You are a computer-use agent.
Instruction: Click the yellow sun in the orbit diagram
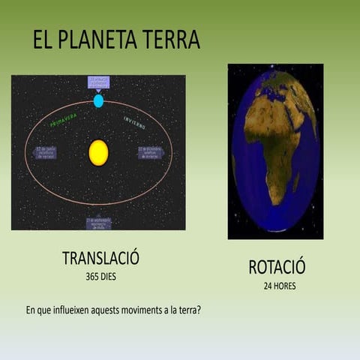pyautogui.click(x=98, y=152)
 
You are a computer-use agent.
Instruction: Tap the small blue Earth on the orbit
pyautogui.click(x=98, y=100)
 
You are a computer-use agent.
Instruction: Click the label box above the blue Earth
pyautogui.click(x=98, y=82)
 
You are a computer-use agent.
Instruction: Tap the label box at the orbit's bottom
pyautogui.click(x=98, y=223)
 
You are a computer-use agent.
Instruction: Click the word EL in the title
pyautogui.click(x=43, y=40)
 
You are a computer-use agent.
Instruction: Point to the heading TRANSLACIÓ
pyautogui.click(x=100, y=259)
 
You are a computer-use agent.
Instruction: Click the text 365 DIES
pyautogui.click(x=101, y=276)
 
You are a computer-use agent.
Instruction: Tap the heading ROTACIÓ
pyautogui.click(x=277, y=267)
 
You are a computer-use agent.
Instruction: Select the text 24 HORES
pyautogui.click(x=278, y=286)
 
